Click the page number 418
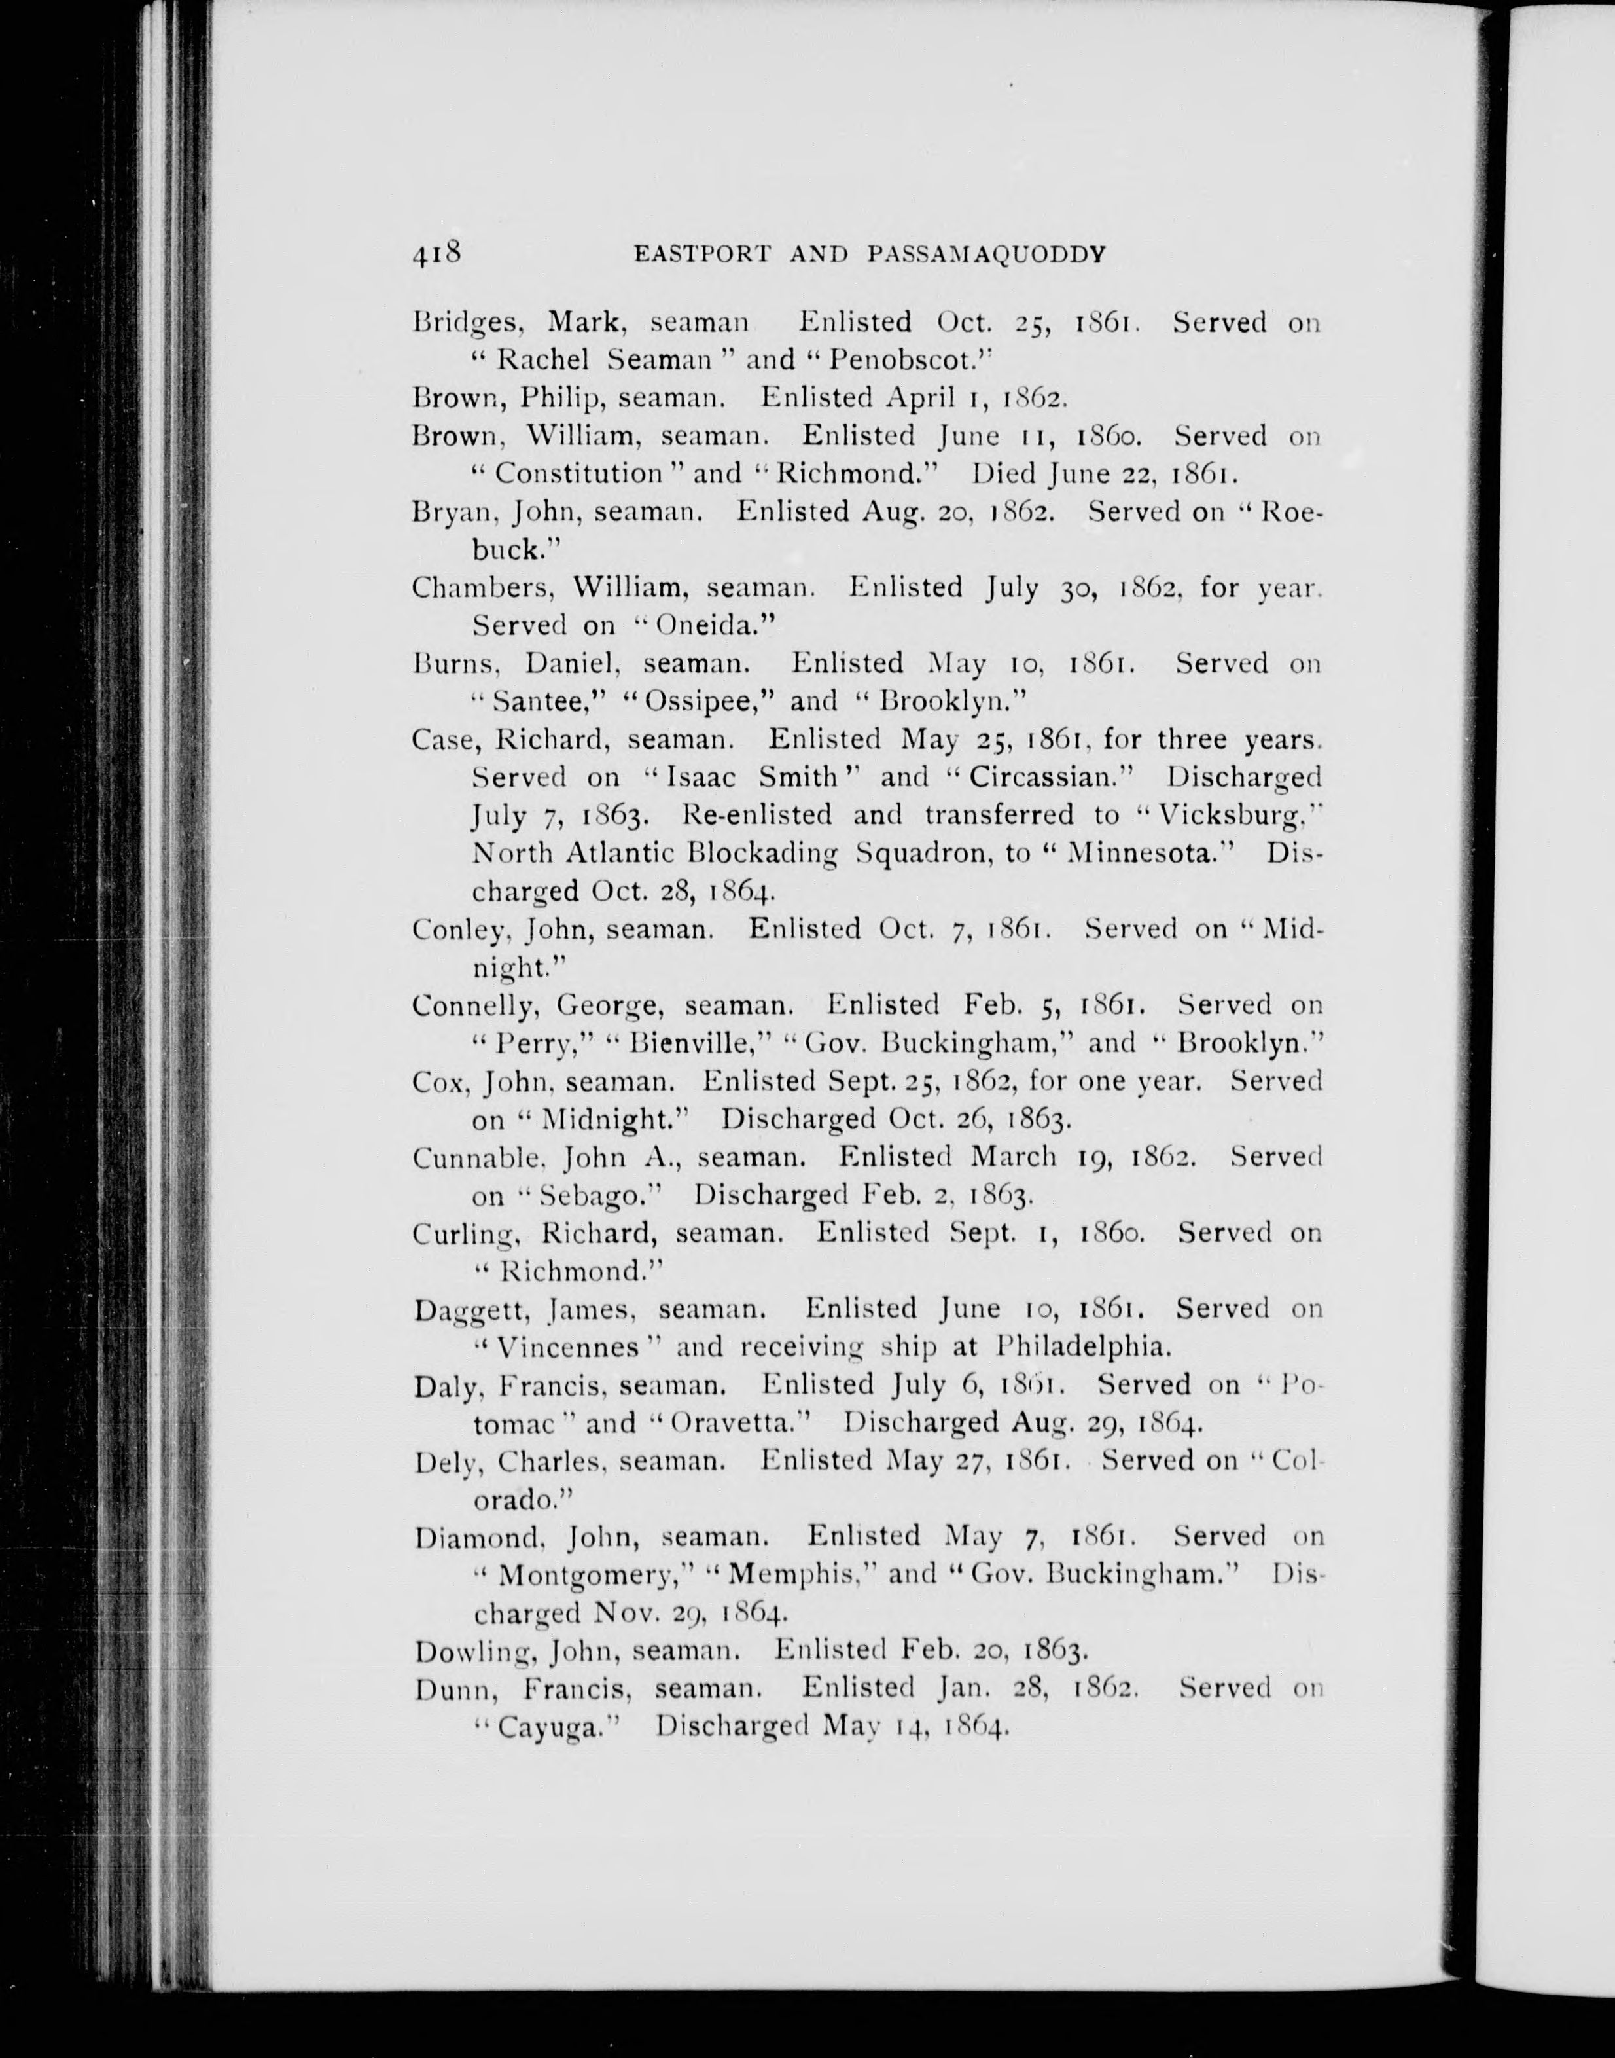point(436,253)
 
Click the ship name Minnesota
point(1139,853)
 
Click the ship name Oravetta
point(735,1422)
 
